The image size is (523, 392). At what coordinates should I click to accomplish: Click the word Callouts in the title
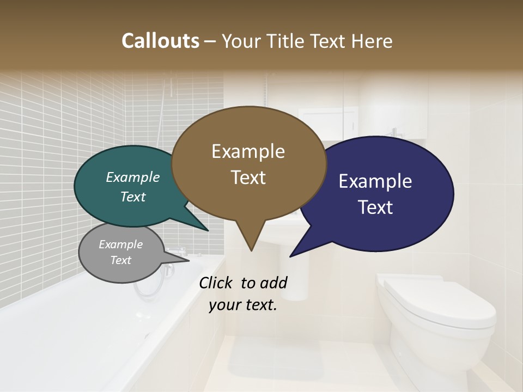click(x=160, y=41)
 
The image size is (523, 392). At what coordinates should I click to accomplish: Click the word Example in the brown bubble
click(x=248, y=151)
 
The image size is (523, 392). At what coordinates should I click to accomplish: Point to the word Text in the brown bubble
click(x=248, y=177)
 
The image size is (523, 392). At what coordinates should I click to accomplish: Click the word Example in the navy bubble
click(x=375, y=181)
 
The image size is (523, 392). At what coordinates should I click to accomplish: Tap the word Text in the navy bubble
click(x=375, y=207)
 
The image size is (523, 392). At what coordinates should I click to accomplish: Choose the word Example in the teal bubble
click(x=133, y=177)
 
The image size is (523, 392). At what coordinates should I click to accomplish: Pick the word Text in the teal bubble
click(x=133, y=197)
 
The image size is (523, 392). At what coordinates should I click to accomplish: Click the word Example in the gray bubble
click(x=121, y=244)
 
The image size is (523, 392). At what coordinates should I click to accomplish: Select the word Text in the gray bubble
click(x=121, y=260)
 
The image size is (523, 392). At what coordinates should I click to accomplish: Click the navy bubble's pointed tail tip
click(x=291, y=256)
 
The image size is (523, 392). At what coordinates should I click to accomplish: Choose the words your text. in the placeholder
click(x=242, y=305)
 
